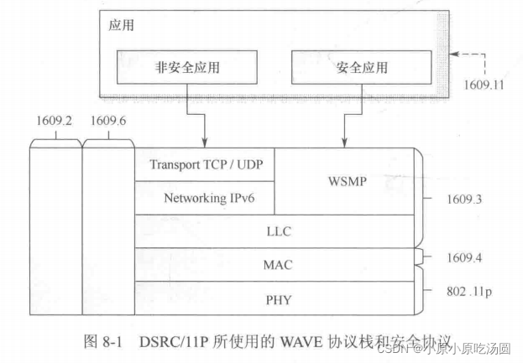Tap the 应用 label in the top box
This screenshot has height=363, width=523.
coord(122,26)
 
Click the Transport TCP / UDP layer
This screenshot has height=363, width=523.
coord(206,165)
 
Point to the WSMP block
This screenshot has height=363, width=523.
coord(346,181)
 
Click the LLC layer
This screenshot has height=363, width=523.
coord(277,231)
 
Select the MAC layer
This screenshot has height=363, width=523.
coord(277,265)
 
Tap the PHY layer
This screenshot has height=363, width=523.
coord(277,298)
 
